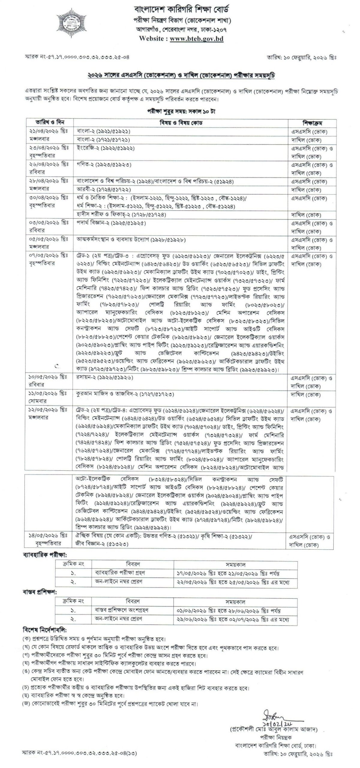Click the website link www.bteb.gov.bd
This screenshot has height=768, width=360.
(196, 38)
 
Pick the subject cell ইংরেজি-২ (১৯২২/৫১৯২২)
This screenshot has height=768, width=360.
(105, 148)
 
